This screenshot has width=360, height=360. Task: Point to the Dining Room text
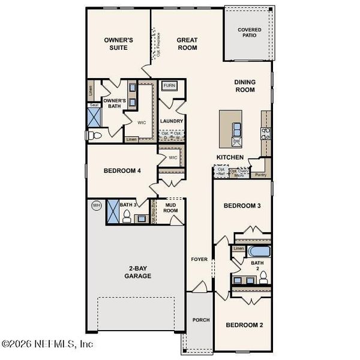coord(245,86)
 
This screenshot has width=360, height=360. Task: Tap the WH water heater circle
coord(96,206)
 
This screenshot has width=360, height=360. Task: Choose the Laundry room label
coord(172,121)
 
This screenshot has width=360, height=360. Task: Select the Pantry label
coord(260,175)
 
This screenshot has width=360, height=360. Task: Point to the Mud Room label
coord(170,208)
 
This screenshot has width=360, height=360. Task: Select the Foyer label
coord(199,260)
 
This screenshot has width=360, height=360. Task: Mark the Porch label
coord(200,320)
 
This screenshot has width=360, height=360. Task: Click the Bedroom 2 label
coord(244,325)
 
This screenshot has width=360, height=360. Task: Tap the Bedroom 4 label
coord(122,171)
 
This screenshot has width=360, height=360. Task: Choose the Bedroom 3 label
coord(242,206)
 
